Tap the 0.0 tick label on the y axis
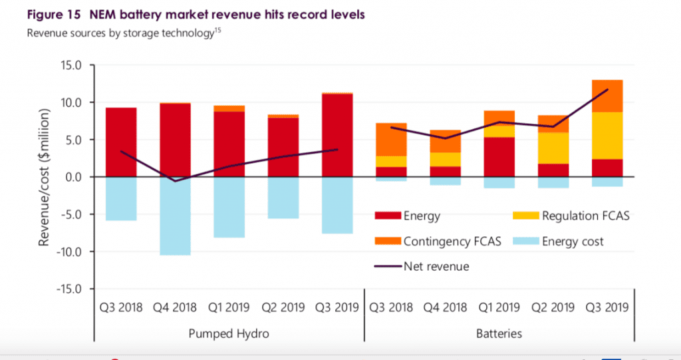click(70, 177)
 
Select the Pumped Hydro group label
click(228, 332)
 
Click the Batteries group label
click(499, 332)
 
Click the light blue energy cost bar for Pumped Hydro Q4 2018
click(175, 216)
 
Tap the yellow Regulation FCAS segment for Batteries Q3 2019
click(607, 135)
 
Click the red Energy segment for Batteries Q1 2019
click(499, 156)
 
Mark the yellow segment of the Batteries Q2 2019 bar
click(553, 148)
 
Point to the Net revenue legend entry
click(436, 266)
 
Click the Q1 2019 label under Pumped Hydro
click(228, 307)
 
